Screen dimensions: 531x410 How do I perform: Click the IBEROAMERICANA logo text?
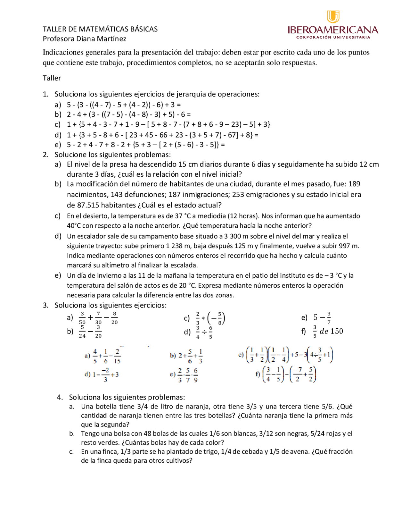pyautogui.click(x=332, y=30)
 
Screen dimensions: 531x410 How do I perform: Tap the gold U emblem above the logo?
pyautogui.click(x=333, y=16)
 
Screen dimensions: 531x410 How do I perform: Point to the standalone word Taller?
pyautogui.click(x=52, y=78)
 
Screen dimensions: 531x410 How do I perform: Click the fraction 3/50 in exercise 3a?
pyautogui.click(x=82, y=318)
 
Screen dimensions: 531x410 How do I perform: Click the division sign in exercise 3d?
pyautogui.click(x=204, y=332)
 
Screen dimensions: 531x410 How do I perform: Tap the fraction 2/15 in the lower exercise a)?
pyautogui.click(x=117, y=356)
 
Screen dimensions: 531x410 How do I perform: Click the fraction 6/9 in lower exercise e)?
pyautogui.click(x=196, y=375)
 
